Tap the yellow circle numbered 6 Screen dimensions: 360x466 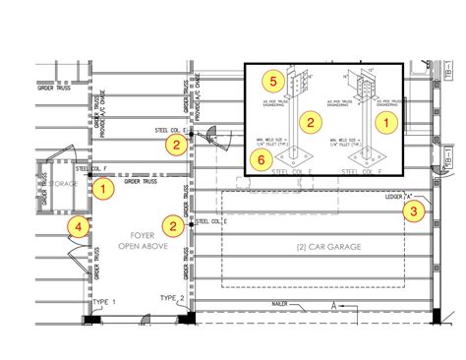coord(260,159)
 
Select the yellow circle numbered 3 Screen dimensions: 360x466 coord(416,209)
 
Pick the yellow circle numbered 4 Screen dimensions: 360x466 coord(74,226)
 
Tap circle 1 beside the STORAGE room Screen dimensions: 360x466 coord(103,183)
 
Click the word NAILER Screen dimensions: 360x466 coord(283,305)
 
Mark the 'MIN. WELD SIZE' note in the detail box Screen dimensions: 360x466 coord(271,140)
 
